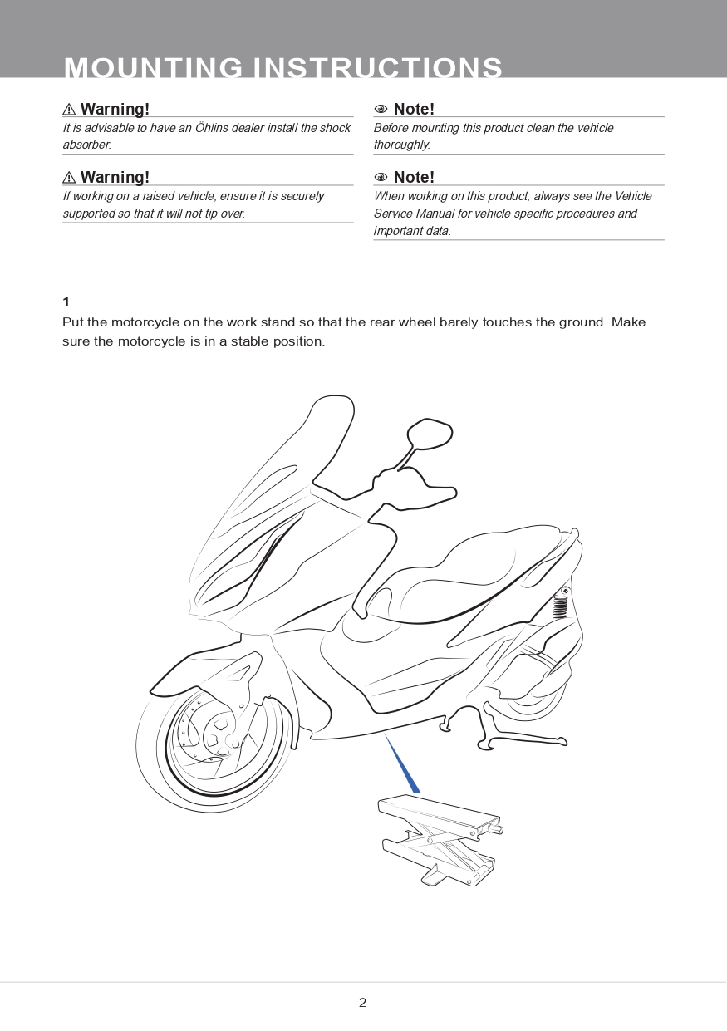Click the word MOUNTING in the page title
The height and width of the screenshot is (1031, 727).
[x=153, y=68]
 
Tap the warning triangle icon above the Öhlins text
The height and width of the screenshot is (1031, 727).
[x=70, y=110]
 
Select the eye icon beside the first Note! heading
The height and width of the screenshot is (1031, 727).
[x=381, y=110]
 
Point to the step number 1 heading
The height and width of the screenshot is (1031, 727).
[x=66, y=302]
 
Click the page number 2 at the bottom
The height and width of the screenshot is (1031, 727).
[x=362, y=1003]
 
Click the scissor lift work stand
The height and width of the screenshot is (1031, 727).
[x=440, y=839]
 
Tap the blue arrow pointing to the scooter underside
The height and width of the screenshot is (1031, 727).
[x=403, y=765]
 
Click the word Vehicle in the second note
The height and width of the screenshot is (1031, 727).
[x=634, y=196]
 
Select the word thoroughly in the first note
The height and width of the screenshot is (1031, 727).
[x=401, y=145]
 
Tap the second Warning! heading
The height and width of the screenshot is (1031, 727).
[x=115, y=177]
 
